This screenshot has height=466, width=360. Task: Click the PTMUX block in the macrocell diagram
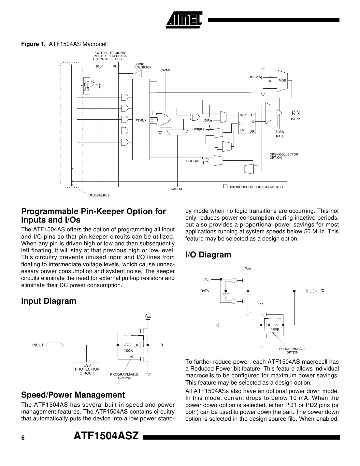[x=141, y=120]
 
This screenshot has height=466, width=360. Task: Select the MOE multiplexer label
[x=282, y=80]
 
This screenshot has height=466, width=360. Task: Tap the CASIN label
[x=165, y=70]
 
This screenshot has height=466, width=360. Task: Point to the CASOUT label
[x=177, y=189]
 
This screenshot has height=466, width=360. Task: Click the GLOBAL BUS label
[x=100, y=195]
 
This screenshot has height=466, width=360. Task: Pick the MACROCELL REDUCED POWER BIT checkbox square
[x=225, y=187]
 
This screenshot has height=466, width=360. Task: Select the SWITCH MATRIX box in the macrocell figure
[x=86, y=86]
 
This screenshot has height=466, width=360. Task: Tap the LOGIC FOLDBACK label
[x=143, y=66]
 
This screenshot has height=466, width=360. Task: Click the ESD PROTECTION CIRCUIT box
[x=87, y=369]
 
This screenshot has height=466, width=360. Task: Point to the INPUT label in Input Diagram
[x=38, y=345]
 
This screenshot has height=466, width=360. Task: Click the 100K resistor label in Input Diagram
[x=128, y=350]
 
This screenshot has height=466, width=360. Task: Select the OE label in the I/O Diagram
[x=206, y=279]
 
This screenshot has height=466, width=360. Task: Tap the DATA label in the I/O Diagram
[x=205, y=291]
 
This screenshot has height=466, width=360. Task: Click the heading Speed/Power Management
[x=73, y=395]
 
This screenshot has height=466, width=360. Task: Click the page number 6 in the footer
[x=23, y=438]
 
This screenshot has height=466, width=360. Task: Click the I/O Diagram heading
[x=208, y=255]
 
